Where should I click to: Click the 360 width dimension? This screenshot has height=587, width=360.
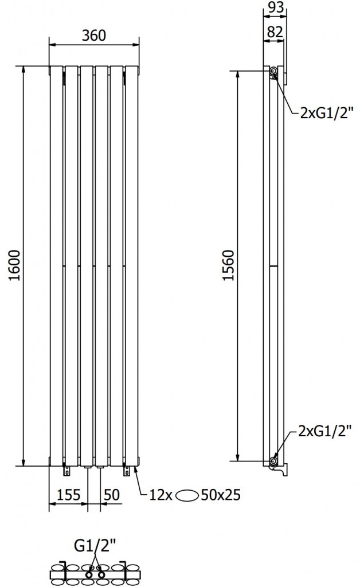pos(94,36)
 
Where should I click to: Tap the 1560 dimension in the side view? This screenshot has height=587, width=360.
pos(229,265)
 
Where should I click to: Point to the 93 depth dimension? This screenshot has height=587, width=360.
pos(276,8)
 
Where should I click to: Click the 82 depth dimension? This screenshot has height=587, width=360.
pos(275,32)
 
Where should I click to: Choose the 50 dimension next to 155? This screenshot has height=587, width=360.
pos(112,494)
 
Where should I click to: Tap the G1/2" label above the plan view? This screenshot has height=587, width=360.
pos(95,545)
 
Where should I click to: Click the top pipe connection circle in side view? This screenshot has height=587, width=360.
pos(273,71)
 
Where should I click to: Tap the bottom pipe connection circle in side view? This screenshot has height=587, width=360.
pos(274,460)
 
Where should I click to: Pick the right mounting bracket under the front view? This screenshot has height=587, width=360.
pos(126,471)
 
